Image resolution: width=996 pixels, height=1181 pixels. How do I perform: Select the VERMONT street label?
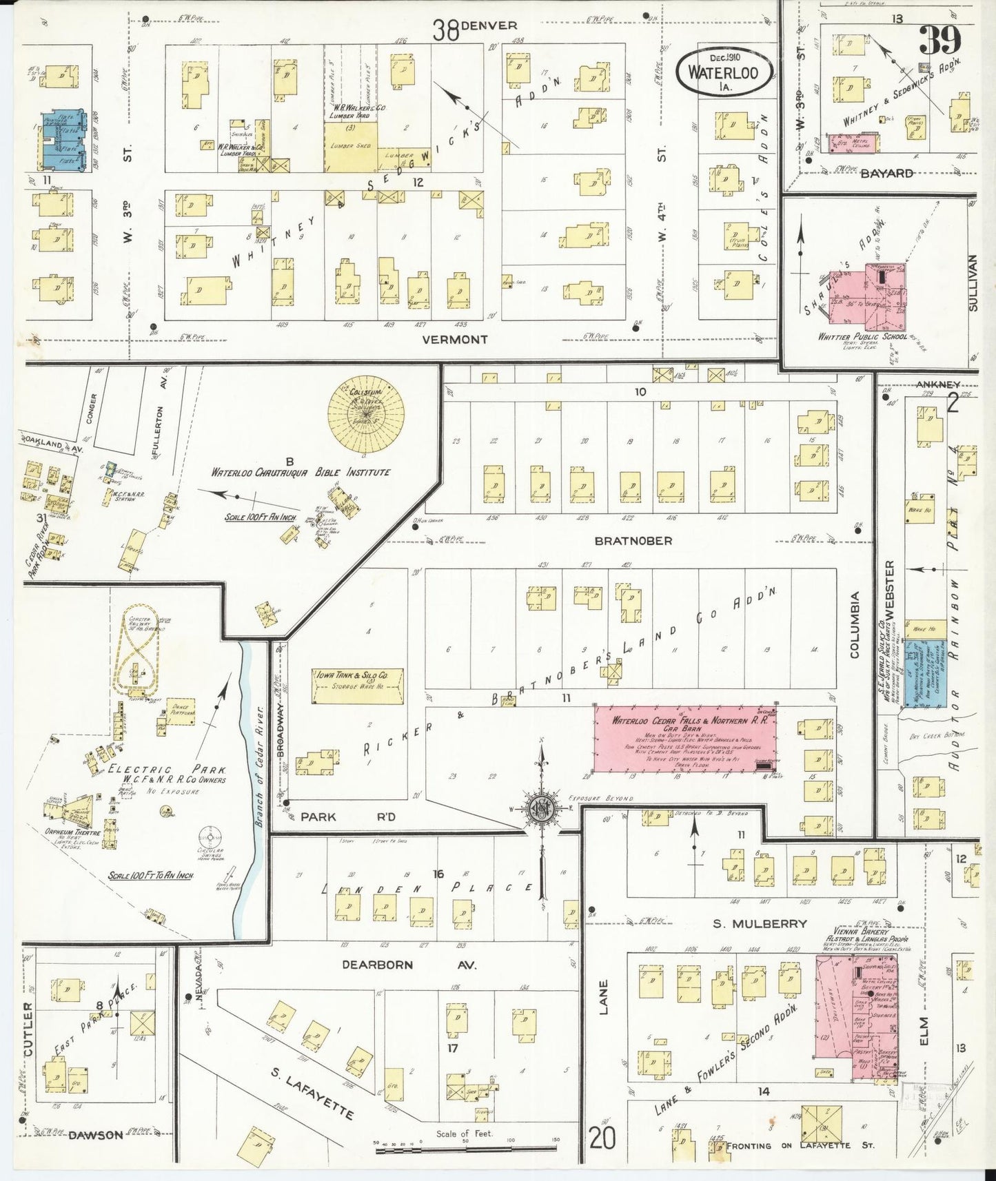454,340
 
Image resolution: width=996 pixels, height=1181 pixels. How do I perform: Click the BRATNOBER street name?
633,541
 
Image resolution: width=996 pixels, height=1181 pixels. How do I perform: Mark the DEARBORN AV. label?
407,965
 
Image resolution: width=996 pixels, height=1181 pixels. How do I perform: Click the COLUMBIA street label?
855,624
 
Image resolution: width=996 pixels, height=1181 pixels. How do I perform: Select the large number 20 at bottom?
602,1139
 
